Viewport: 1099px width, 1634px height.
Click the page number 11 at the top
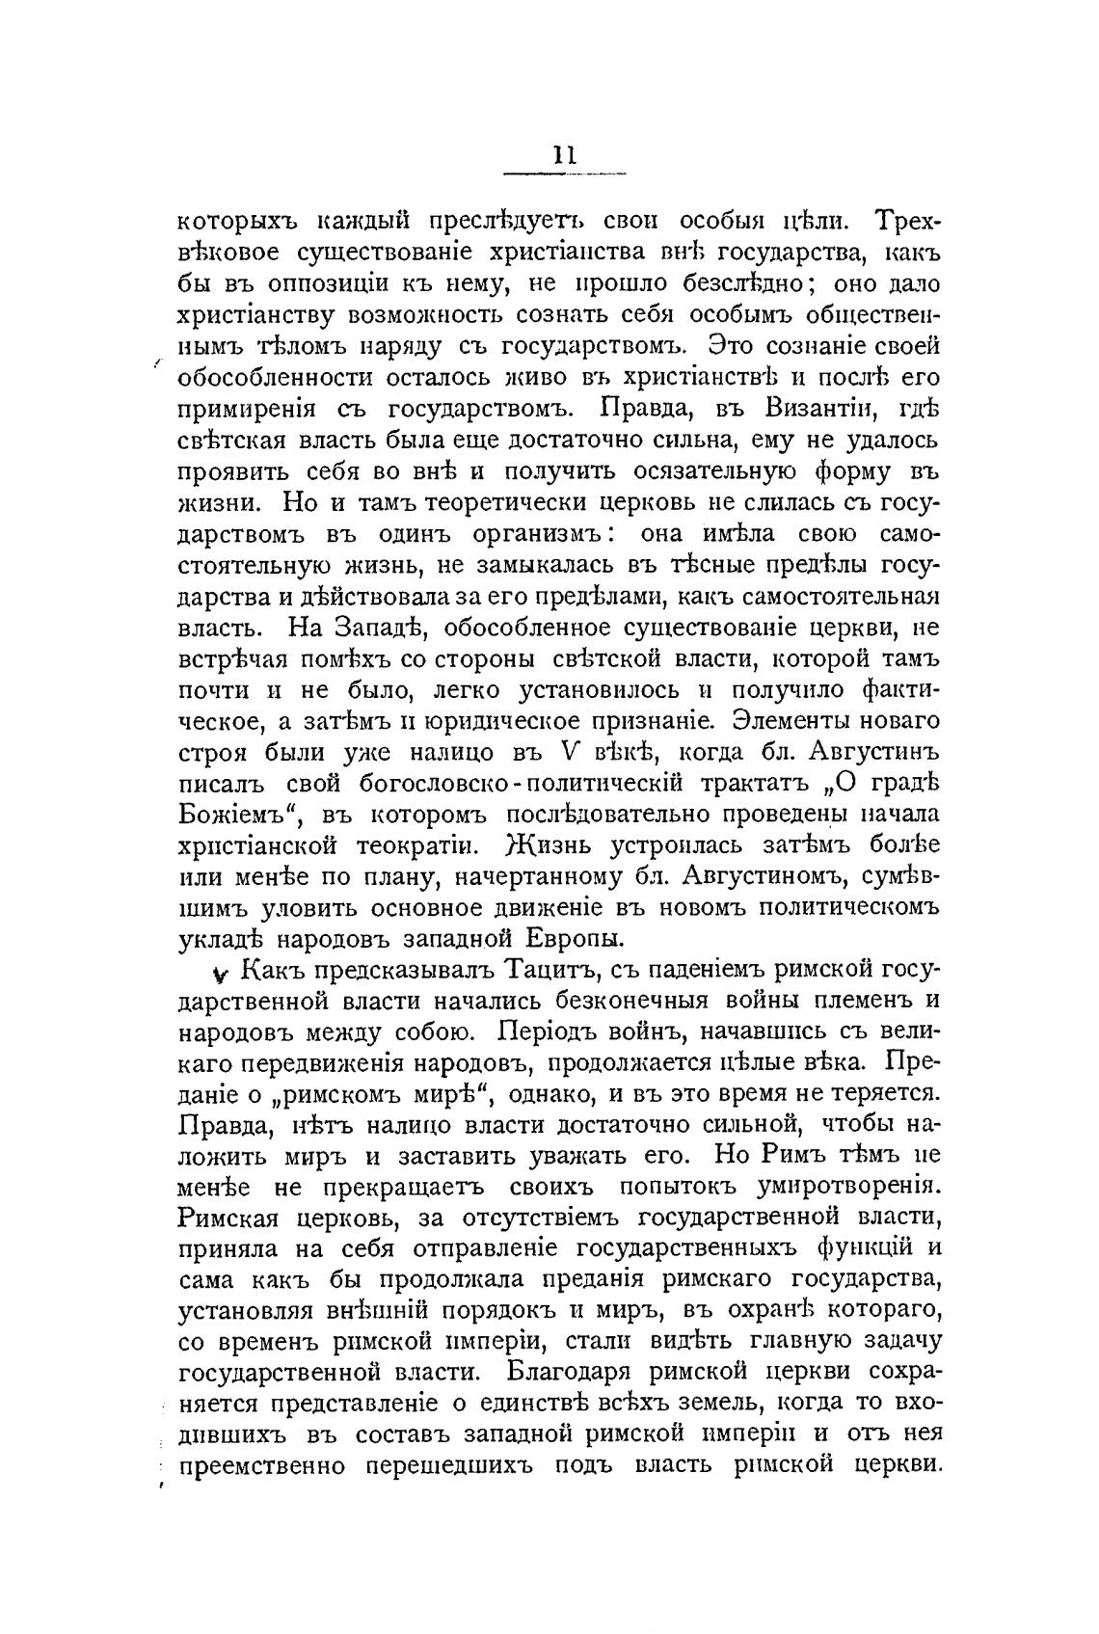click(x=564, y=157)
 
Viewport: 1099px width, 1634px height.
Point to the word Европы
click(x=575, y=938)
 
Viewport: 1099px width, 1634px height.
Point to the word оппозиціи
click(x=324, y=284)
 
